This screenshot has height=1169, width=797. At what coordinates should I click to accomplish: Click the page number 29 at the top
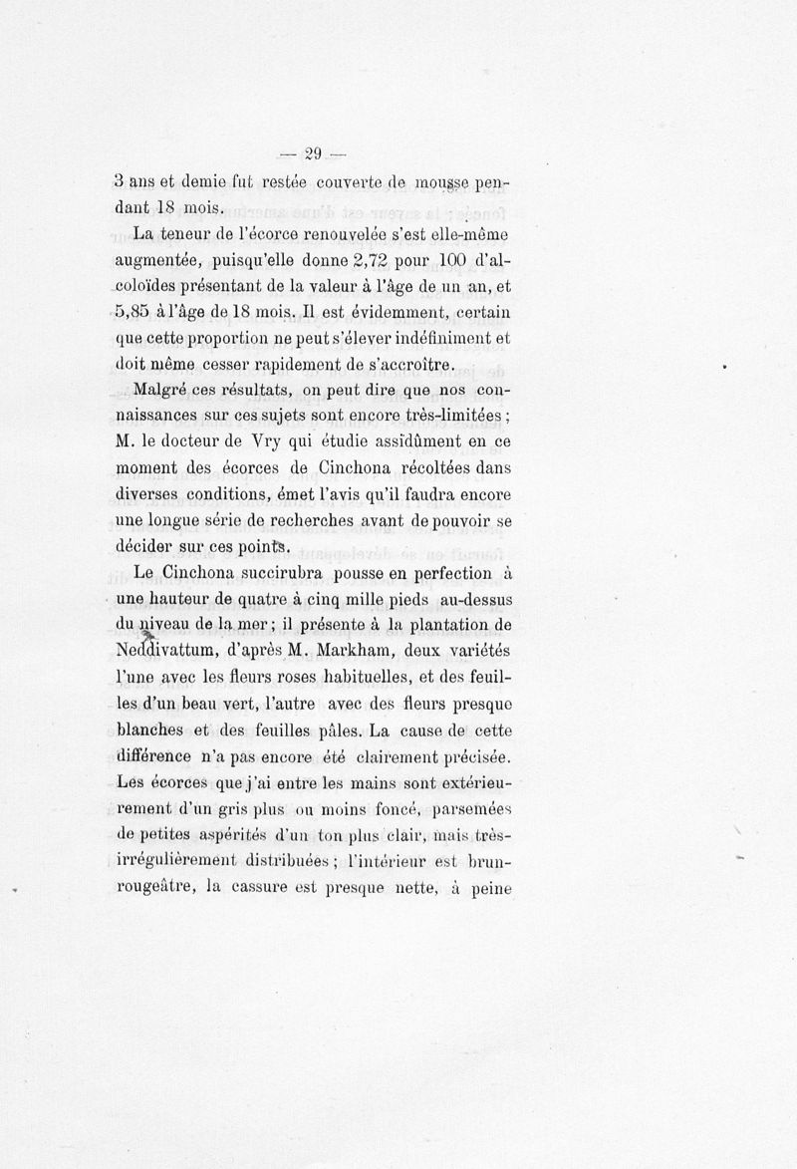(x=312, y=152)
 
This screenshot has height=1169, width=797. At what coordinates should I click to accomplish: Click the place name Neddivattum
(x=169, y=651)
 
